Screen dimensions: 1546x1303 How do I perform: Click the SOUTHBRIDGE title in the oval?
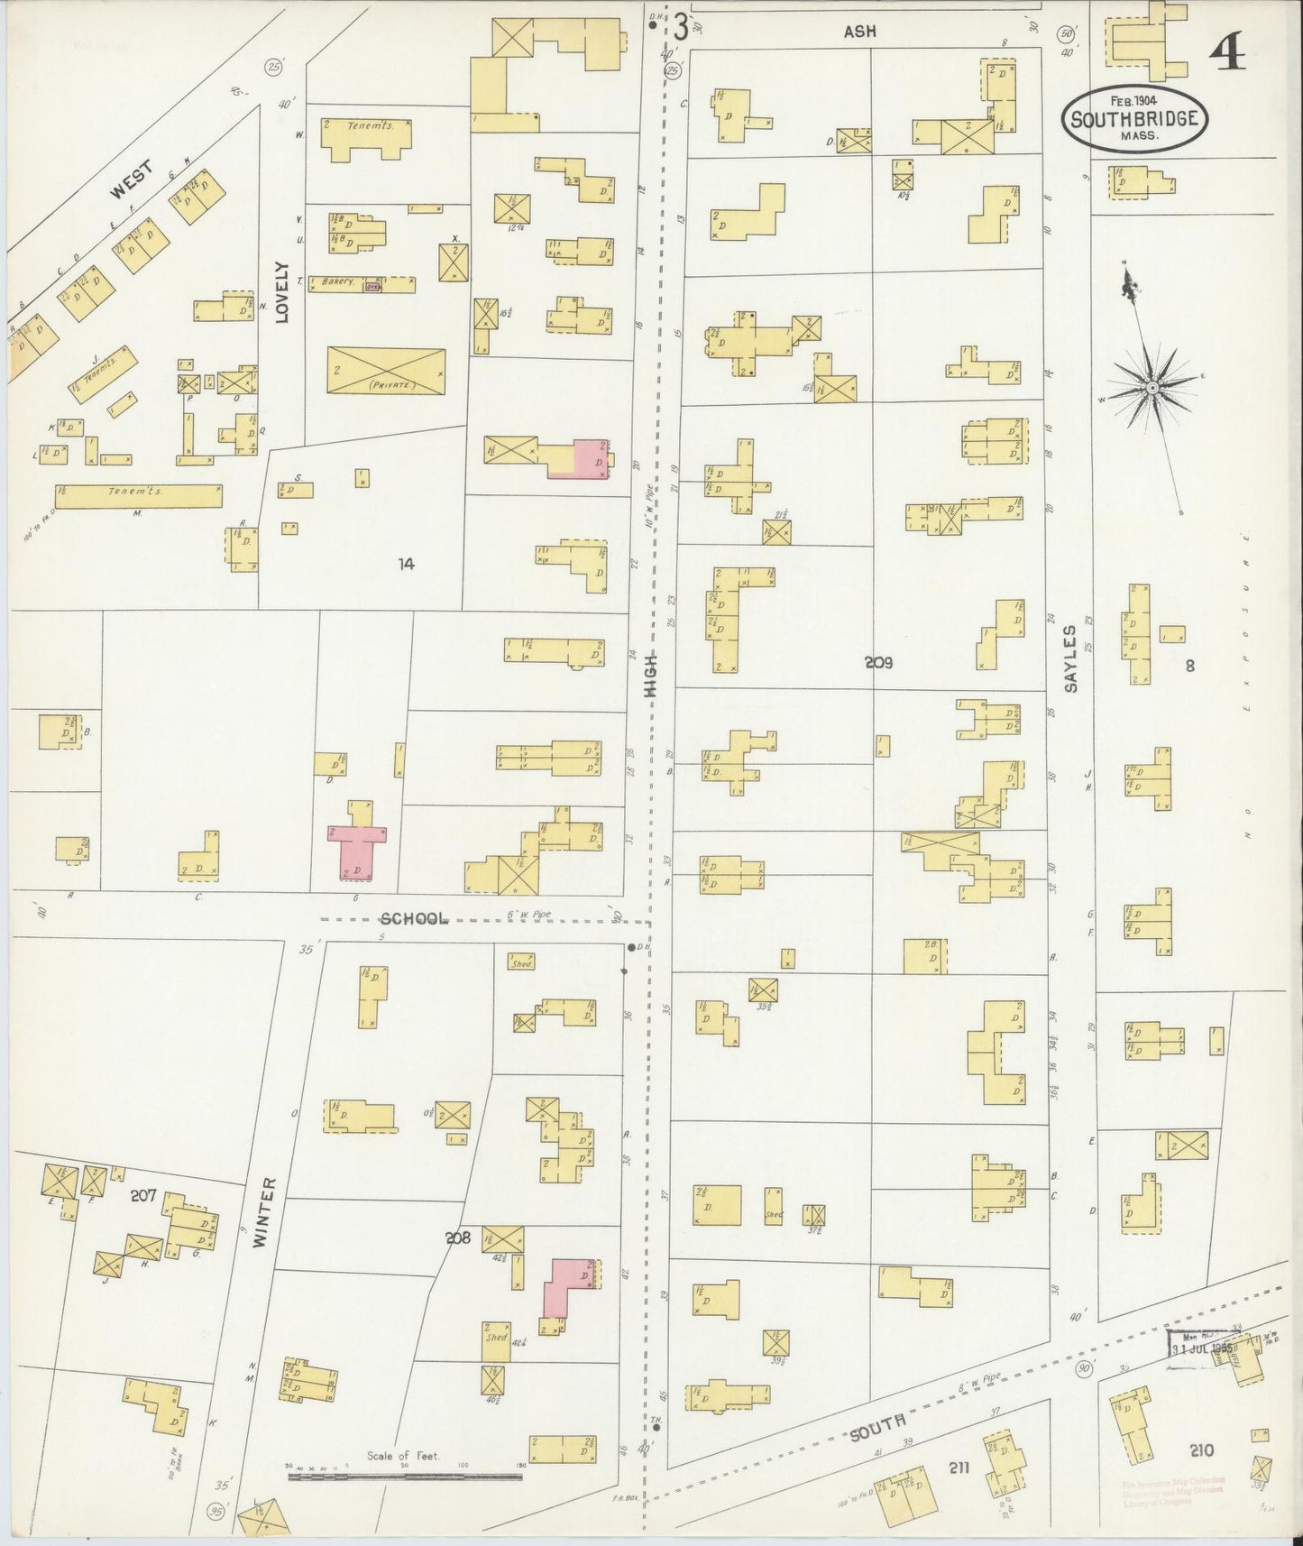point(1133,118)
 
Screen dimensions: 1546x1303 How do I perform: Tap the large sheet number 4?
point(1227,55)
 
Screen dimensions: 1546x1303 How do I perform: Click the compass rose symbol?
point(1152,388)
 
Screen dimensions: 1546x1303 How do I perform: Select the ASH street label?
point(859,32)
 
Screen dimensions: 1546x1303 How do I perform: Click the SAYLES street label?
point(1070,658)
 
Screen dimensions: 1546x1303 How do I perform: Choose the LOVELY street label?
point(283,292)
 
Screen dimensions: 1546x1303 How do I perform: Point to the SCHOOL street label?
point(414,918)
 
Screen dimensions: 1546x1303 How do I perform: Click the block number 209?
point(877,663)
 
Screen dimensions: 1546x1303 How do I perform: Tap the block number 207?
point(143,1196)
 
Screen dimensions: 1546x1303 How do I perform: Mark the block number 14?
point(407,564)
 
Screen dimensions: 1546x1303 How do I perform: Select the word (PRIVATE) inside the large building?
point(386,384)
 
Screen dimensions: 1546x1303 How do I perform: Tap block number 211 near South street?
point(958,1468)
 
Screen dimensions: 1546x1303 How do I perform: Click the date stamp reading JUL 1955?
point(1204,1350)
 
